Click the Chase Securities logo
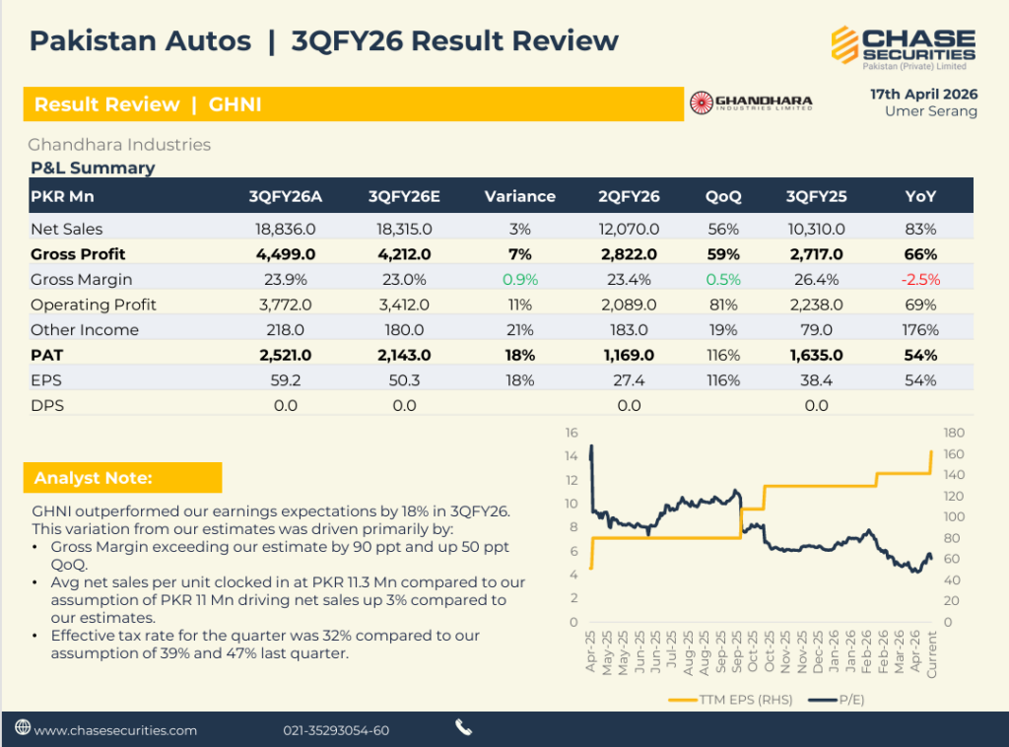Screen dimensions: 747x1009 pos(903,47)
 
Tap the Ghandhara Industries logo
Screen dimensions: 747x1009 pos(751,102)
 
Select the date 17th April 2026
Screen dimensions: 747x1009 pos(923,94)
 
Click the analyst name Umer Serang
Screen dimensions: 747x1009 pos(931,111)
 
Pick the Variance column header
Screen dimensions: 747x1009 pos(519,196)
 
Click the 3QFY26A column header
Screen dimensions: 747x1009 pos(286,196)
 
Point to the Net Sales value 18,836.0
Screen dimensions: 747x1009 pos(285,229)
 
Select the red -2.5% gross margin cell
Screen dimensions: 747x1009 pos(920,279)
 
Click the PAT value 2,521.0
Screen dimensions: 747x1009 pos(285,355)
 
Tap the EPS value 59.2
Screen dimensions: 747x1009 pos(285,380)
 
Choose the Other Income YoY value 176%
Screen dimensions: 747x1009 pos(920,330)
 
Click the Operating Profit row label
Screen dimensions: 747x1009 pos(94,305)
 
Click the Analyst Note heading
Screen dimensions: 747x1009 pos(94,478)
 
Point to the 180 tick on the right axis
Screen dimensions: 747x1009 pos(955,433)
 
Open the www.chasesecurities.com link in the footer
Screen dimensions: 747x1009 pos(115,730)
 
